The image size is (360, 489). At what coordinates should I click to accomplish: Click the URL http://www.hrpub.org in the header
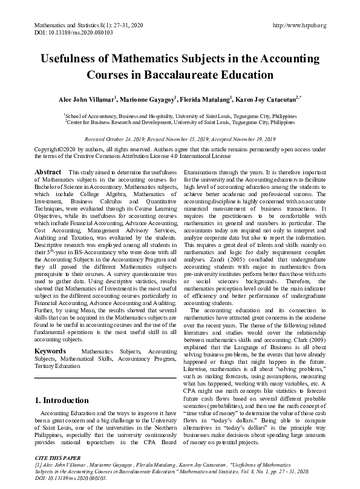(x=300, y=25)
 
